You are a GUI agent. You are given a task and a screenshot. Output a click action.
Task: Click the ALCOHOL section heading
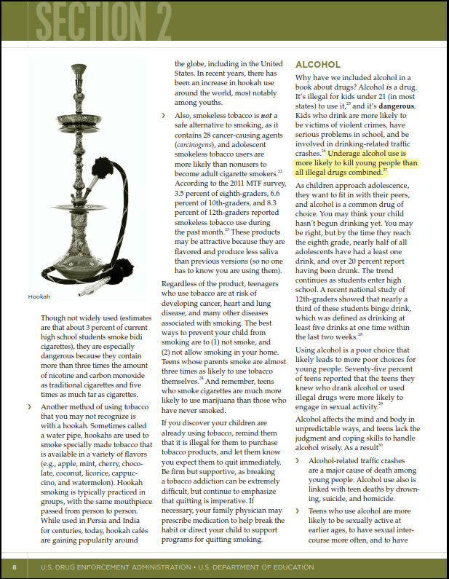coord(318,65)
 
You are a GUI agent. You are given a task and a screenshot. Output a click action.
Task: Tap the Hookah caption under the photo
coord(39,296)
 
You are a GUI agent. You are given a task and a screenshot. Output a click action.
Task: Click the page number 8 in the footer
coord(14,567)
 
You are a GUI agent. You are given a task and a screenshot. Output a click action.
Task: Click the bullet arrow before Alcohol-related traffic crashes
coord(297,460)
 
